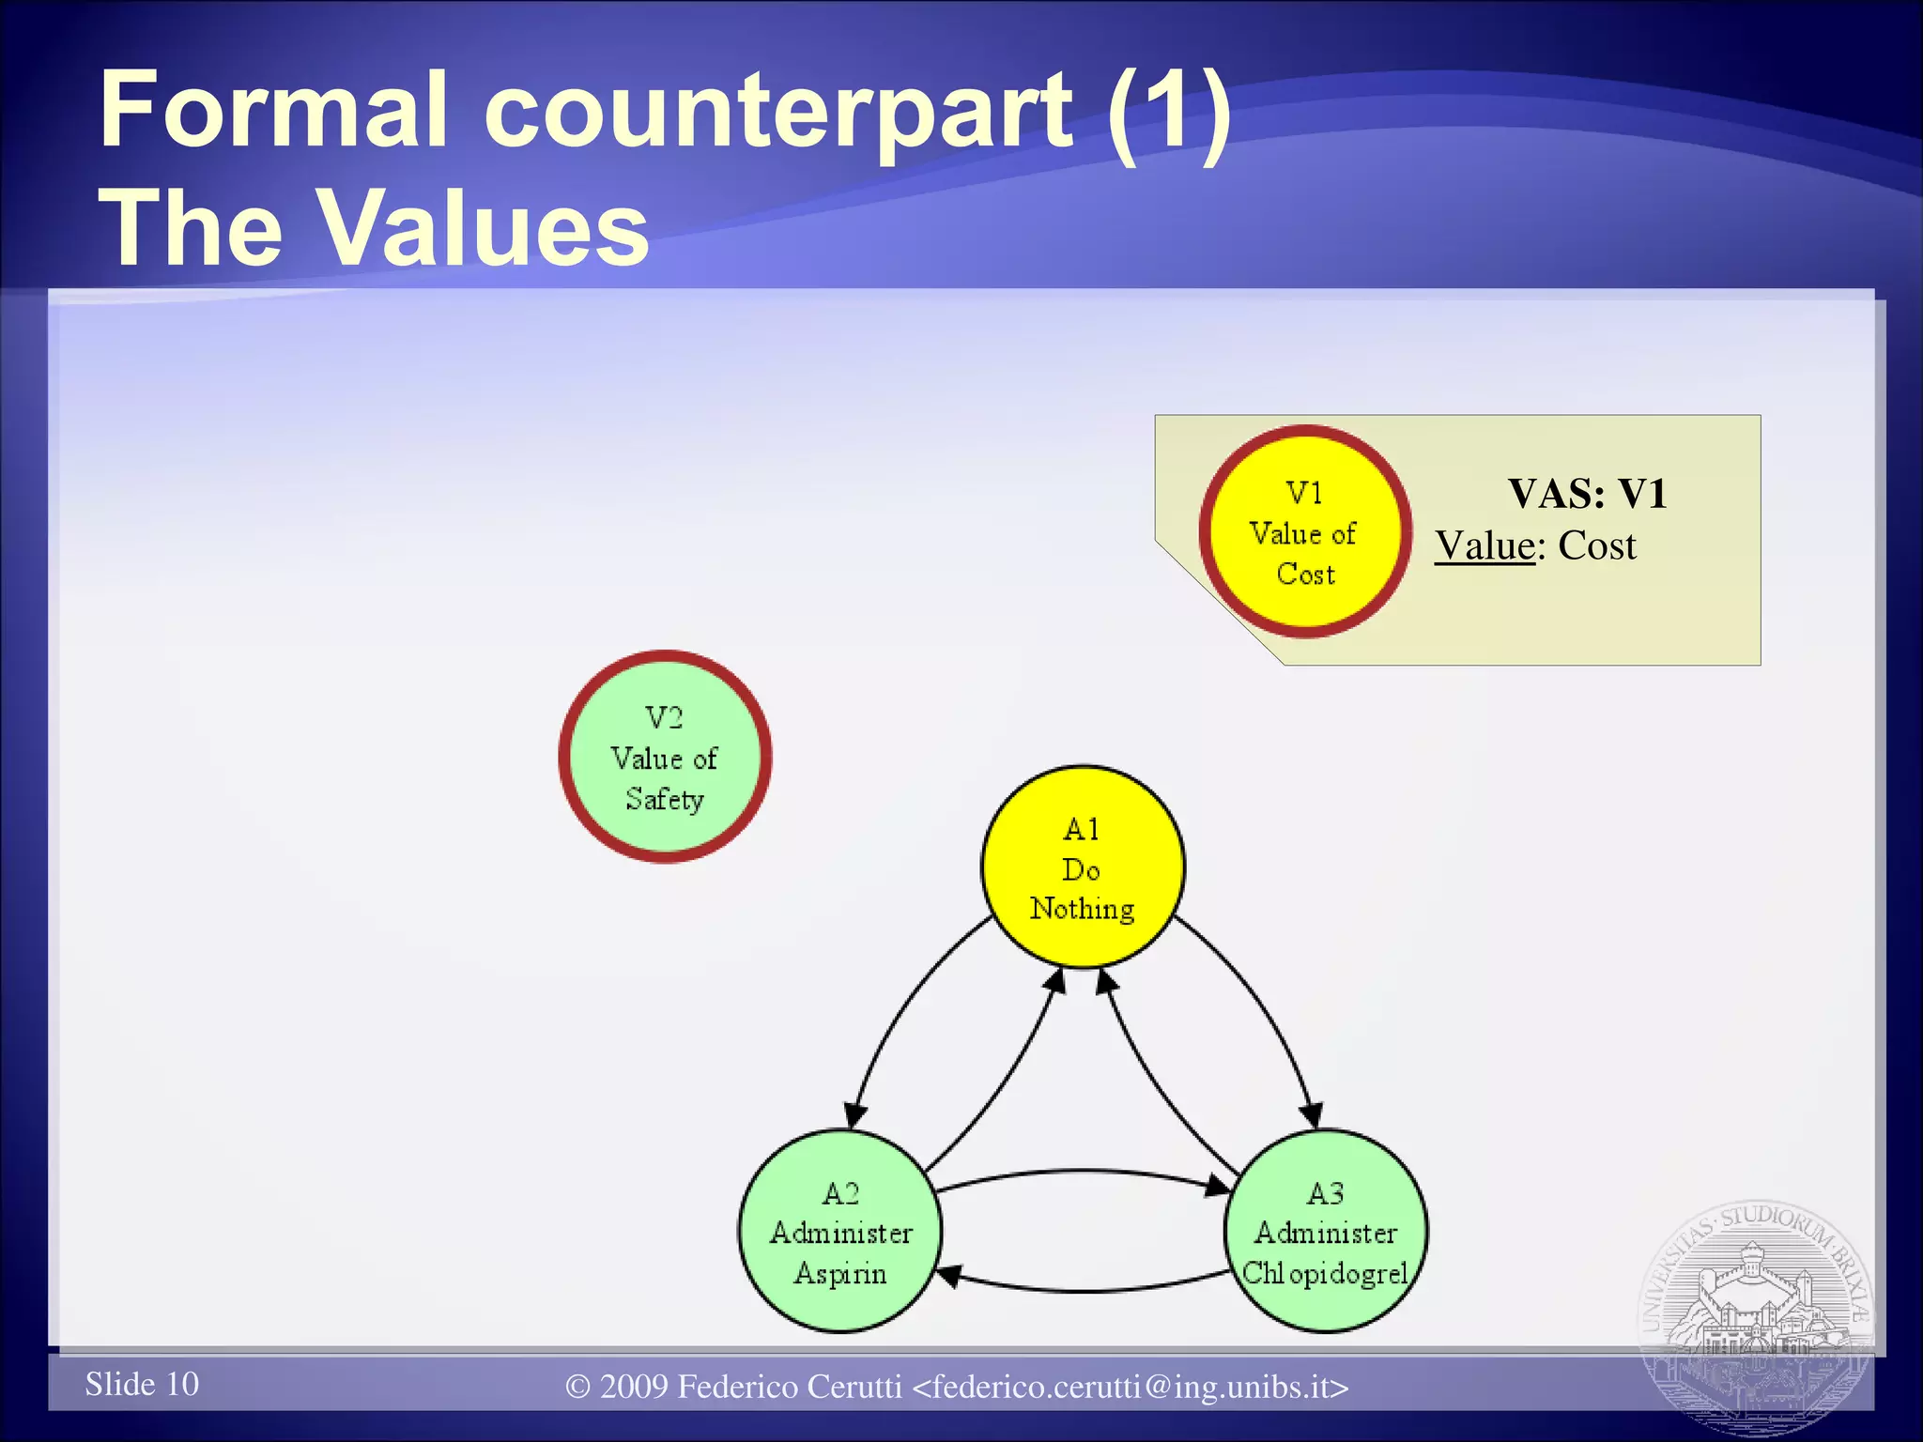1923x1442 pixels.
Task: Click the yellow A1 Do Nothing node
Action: click(1083, 867)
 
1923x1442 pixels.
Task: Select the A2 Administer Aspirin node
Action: click(839, 1232)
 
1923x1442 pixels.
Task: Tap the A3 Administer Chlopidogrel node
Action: click(1325, 1232)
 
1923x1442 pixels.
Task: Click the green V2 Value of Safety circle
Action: click(665, 757)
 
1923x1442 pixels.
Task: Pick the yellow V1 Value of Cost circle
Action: click(1305, 532)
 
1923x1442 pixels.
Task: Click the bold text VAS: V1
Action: click(1587, 494)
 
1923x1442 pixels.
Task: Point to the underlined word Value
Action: click(1485, 546)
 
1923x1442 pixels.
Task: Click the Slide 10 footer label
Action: click(142, 1384)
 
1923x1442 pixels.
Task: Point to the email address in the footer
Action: click(1131, 1387)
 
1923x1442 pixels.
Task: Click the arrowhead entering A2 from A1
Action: click(854, 1116)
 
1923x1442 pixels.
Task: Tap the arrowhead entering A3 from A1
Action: click(1313, 1115)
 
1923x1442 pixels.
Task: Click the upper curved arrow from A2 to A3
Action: click(1080, 1171)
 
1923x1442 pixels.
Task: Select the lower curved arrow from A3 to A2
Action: click(1080, 1292)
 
